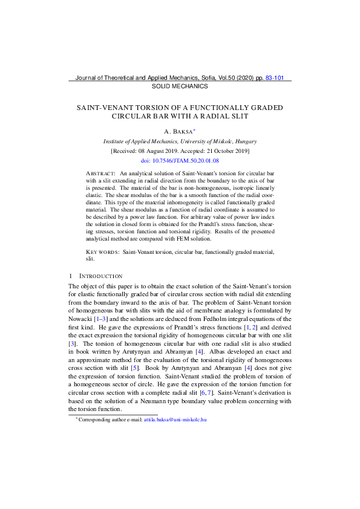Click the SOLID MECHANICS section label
179,86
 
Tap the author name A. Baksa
179,131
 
